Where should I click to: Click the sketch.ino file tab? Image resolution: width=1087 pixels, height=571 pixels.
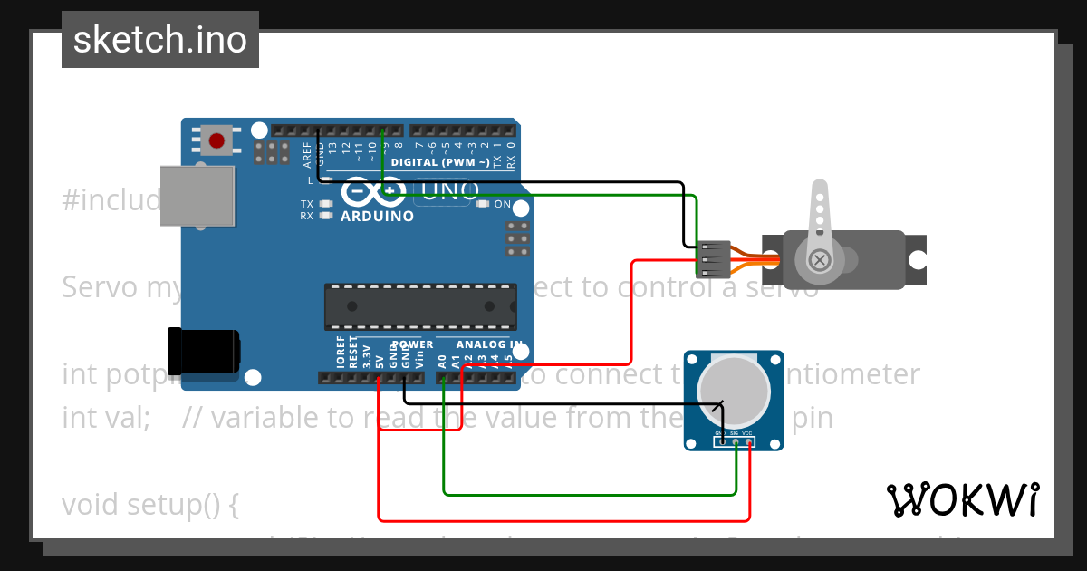pos(160,40)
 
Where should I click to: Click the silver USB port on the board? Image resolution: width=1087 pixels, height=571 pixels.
pos(197,196)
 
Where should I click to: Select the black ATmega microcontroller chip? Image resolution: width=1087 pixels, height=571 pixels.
pos(420,307)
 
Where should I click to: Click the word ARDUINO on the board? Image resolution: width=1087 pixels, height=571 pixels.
pos(377,217)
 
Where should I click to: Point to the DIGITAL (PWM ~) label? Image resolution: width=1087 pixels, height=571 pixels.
pos(440,162)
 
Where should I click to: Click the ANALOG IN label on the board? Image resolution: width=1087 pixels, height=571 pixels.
pos(489,344)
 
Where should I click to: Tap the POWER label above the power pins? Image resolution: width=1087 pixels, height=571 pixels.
pos(413,344)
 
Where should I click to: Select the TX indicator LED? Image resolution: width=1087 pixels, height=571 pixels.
pos(325,204)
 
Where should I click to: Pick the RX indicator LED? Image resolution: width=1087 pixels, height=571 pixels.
pos(325,216)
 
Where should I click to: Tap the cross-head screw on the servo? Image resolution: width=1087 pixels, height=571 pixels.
pos(820,261)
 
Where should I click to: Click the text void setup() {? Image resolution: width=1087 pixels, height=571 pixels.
pos(150,504)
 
